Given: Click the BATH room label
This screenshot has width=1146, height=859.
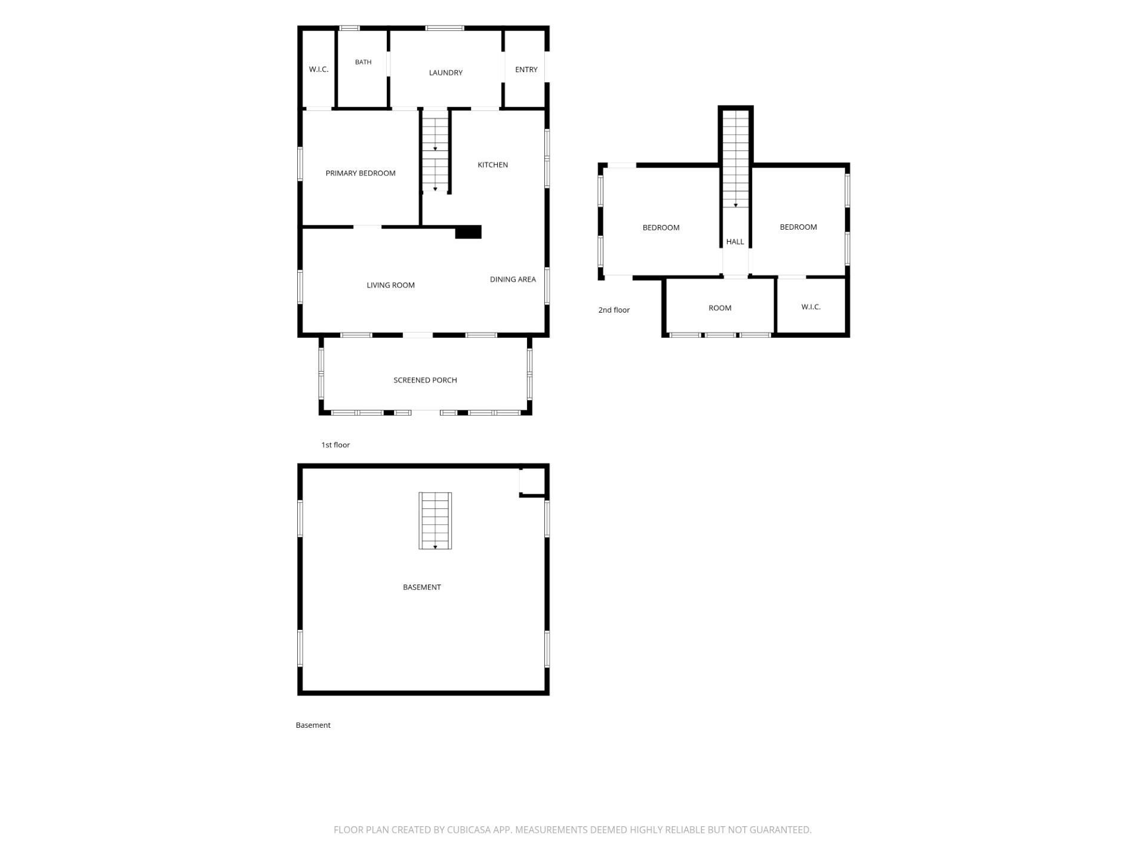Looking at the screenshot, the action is [x=363, y=62].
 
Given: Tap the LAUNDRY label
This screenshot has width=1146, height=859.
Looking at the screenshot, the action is [x=445, y=73].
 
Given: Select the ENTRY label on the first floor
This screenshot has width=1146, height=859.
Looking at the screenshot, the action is [x=526, y=70].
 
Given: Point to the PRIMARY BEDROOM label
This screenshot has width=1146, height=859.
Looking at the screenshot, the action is [x=361, y=174].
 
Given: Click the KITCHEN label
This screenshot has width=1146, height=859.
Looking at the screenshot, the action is [x=492, y=165].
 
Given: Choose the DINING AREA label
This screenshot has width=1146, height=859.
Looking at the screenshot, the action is [x=513, y=280].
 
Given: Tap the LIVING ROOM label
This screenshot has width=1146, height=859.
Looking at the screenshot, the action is [x=390, y=286].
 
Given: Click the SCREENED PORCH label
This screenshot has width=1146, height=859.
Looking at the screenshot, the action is [x=425, y=381].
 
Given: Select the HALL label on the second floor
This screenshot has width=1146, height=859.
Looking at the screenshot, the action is [x=735, y=242].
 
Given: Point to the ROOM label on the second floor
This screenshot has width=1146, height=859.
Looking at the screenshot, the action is [x=720, y=308].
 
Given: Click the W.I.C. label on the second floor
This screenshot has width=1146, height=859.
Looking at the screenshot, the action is [x=811, y=307].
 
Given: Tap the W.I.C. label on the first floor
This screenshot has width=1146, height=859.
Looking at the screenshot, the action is [x=319, y=70].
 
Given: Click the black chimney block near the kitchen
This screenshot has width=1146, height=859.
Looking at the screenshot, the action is [x=468, y=232].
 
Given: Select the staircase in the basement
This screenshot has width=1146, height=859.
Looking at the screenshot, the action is [x=435, y=521].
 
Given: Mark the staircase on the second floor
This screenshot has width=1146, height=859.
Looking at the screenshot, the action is [x=735, y=159].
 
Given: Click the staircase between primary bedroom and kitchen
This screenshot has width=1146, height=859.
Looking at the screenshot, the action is [x=435, y=152].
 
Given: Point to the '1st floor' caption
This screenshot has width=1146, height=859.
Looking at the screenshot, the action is [x=335, y=445].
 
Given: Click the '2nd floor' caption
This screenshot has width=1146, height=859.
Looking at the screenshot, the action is [x=614, y=310].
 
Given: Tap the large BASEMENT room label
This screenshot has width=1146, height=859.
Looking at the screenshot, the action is [x=421, y=588].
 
